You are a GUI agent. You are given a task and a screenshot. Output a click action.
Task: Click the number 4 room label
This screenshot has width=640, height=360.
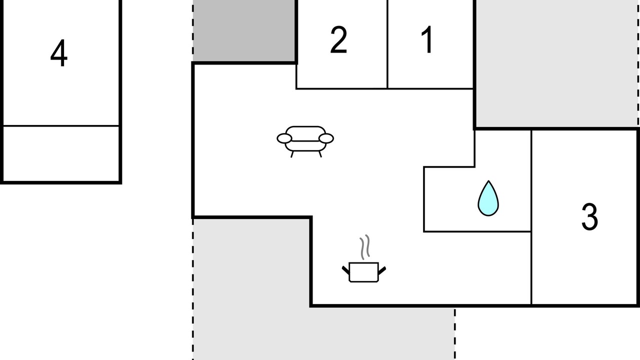[59, 53]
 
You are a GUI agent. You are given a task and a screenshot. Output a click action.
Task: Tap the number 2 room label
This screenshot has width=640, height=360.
[338, 39]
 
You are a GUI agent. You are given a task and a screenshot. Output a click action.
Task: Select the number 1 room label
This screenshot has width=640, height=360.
[427, 39]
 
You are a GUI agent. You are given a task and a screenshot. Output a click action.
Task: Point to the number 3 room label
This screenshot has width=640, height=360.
[589, 216]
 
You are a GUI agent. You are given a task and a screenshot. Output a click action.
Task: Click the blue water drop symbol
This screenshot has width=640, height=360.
[488, 198]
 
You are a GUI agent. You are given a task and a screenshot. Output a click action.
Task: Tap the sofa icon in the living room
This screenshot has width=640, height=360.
[305, 141]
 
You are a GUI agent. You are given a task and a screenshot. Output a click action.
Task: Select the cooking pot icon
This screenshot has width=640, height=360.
[363, 272]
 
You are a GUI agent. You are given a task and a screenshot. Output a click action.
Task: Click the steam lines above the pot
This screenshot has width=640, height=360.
[365, 247]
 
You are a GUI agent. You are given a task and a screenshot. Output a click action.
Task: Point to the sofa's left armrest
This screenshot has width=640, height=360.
[284, 138]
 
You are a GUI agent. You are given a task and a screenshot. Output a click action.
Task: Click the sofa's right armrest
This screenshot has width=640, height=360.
[326, 138]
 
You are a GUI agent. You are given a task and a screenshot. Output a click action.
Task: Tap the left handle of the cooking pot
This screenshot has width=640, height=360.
[345, 270]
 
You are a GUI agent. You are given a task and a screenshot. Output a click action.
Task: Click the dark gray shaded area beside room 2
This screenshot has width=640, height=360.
[244, 30]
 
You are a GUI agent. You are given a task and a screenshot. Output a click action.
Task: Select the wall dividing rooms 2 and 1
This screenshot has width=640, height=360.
[387, 44]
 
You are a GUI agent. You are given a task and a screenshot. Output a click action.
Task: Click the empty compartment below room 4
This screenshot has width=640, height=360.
[61, 153]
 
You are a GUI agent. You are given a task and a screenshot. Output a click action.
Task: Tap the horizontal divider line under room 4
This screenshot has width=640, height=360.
[61, 125]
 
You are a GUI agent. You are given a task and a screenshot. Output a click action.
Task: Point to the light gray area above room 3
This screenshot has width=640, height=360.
[556, 63]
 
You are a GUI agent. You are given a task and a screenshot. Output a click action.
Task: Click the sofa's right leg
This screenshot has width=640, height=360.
[320, 154]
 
